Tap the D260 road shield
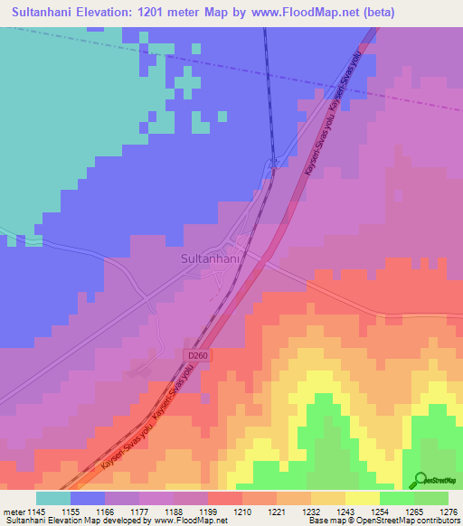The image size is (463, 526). pyautogui.click(x=201, y=356)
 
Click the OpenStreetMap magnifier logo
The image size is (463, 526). pyautogui.click(x=419, y=480)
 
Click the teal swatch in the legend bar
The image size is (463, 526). pyautogui.click(x=53, y=497)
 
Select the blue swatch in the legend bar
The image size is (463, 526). pyautogui.click(x=88, y=497)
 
